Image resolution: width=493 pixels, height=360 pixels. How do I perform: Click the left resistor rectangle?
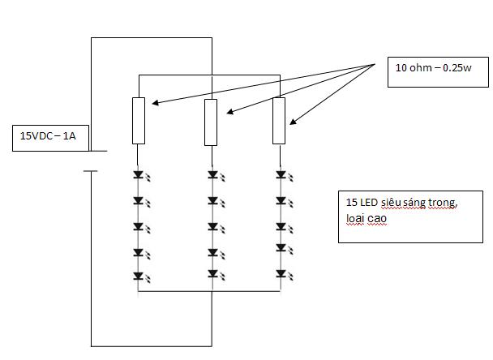pos(139,121)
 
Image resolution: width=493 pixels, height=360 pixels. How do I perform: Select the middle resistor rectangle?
pos(211,122)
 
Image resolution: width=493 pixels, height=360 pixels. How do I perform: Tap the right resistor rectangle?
pos(279,121)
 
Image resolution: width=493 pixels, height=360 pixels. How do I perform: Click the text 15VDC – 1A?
pos(48,136)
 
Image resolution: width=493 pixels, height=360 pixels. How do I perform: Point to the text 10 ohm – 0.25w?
pos(433,67)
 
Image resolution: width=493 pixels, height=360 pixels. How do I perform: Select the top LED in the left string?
pos(142,175)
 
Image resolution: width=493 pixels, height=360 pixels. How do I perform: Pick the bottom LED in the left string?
pos(142,277)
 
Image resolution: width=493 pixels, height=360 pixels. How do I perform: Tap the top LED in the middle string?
pos(216,175)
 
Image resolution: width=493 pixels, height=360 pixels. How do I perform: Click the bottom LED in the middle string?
pos(216,275)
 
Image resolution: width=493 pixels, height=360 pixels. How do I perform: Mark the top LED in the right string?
pos(285,175)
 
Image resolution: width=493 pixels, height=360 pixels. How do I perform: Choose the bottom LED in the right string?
pos(285,275)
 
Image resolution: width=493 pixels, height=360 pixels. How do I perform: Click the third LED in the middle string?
pos(216,228)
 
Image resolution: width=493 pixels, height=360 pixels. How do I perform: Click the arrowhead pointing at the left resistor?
pos(155,102)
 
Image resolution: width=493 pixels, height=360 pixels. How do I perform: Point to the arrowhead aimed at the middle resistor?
pos(229,112)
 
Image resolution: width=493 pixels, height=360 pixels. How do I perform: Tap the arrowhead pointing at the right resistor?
pos(293,122)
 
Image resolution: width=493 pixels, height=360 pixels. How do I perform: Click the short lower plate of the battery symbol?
pos(91,171)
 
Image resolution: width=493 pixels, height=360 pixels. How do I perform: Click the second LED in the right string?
pos(285,202)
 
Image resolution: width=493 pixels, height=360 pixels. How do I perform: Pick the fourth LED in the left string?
pos(142,254)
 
